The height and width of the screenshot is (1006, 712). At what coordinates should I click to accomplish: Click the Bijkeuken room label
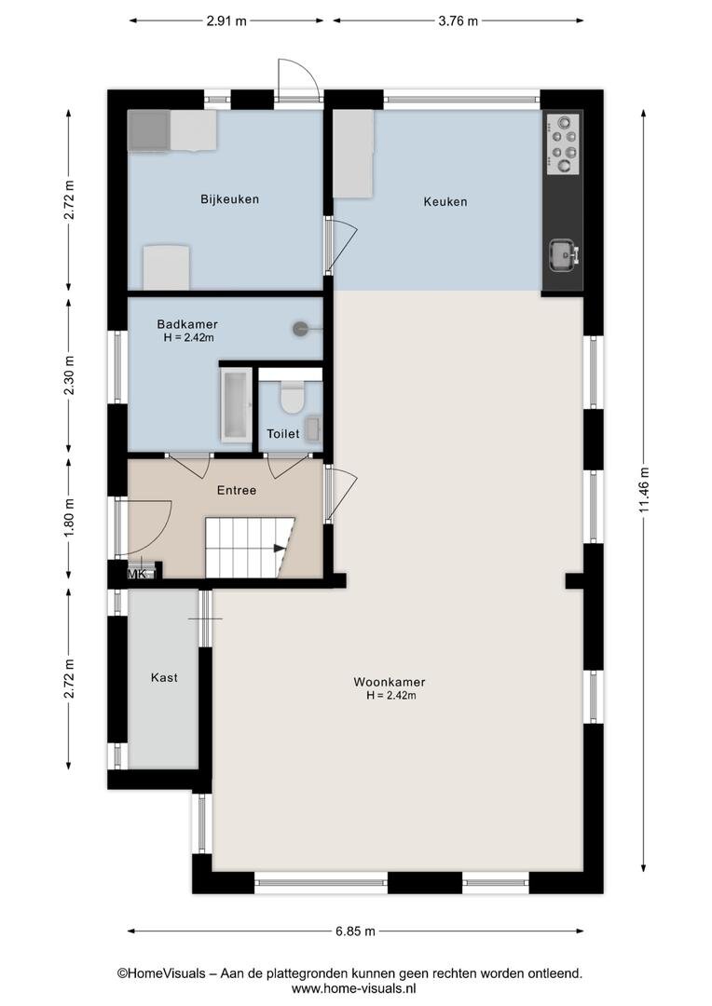click(x=229, y=199)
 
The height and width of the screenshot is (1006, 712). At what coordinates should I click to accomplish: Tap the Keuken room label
click(x=445, y=202)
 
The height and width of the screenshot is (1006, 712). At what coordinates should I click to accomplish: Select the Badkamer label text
click(x=187, y=325)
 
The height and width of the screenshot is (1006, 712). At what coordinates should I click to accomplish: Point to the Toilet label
click(x=283, y=434)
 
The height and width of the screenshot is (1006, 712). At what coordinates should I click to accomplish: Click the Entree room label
click(x=237, y=490)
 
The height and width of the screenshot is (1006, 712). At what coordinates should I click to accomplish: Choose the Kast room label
click(x=164, y=677)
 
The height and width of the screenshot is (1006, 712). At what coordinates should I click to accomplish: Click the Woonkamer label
click(x=389, y=683)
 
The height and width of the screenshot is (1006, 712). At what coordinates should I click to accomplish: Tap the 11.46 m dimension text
click(x=644, y=489)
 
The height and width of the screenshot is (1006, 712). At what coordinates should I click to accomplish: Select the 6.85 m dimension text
click(x=355, y=931)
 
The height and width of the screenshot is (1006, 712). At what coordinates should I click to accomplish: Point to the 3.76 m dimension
click(x=458, y=21)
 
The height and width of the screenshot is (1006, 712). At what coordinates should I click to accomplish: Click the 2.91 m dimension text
click(x=226, y=21)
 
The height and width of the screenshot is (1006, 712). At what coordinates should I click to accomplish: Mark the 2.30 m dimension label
click(x=69, y=375)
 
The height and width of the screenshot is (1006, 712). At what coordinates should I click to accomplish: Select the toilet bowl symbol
click(x=292, y=397)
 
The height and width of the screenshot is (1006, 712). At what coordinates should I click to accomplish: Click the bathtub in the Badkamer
click(x=236, y=405)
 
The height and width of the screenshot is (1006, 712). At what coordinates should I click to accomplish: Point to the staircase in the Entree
click(x=249, y=548)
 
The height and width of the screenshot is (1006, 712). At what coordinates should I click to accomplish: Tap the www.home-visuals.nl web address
click(x=354, y=989)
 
